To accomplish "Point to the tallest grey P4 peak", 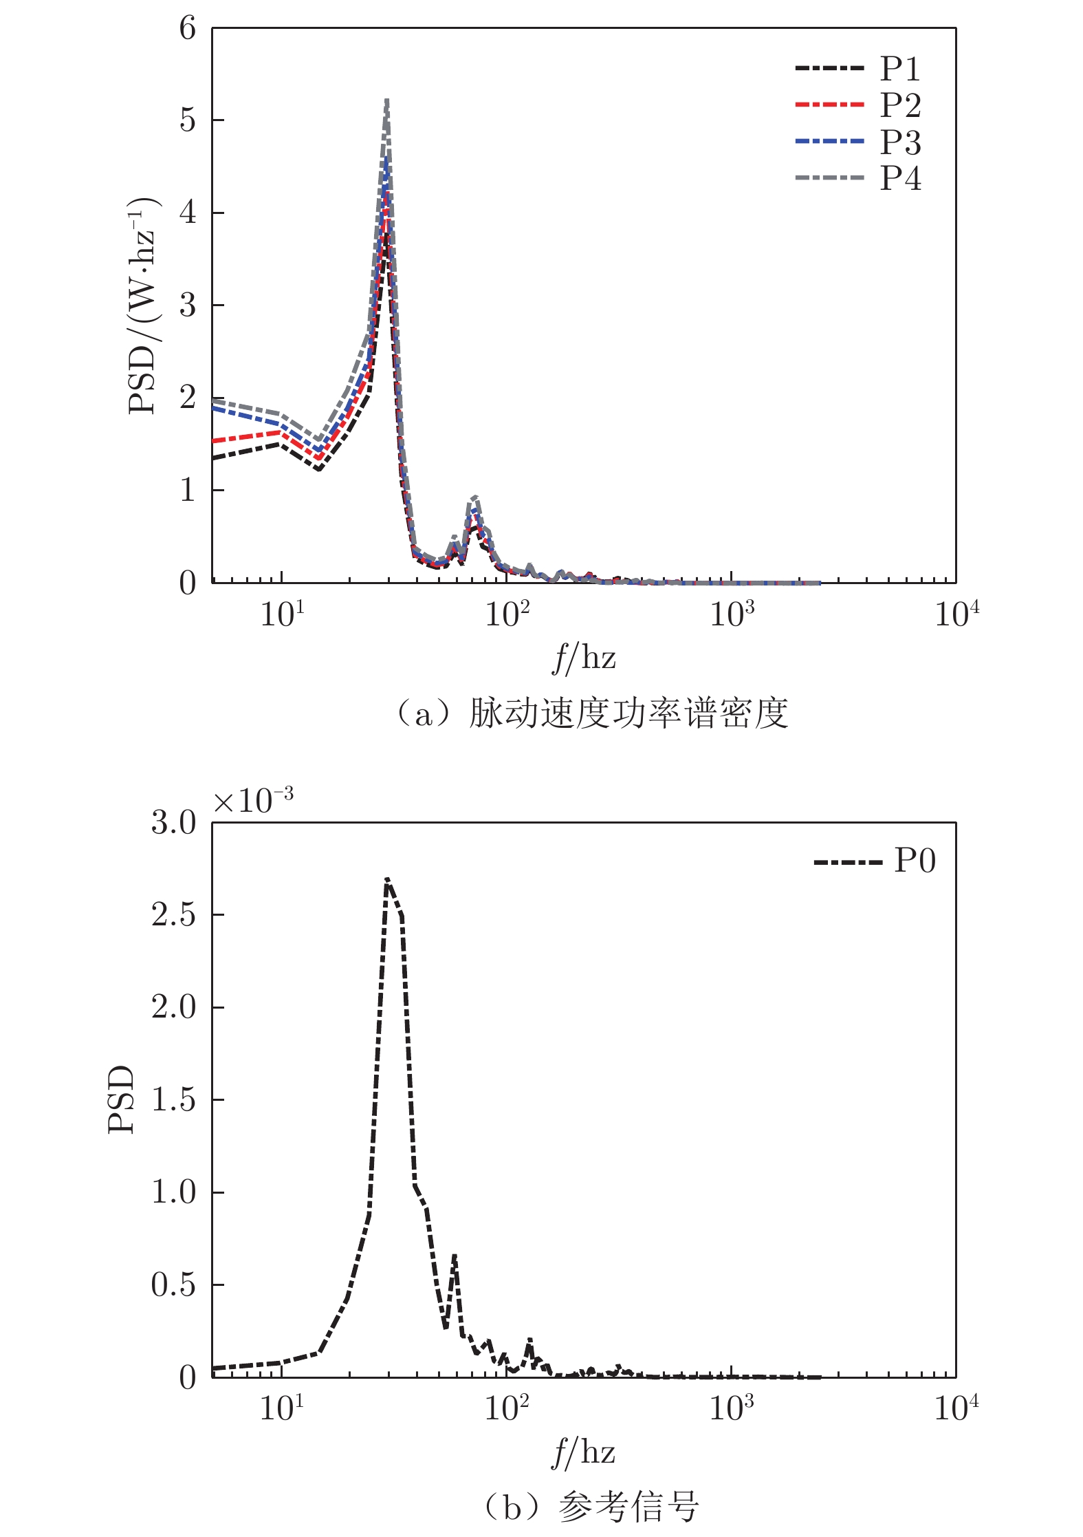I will tap(387, 101).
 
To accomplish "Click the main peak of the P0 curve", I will tap(387, 879).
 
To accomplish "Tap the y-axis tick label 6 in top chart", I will tap(187, 29).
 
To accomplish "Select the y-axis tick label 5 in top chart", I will tap(187, 120).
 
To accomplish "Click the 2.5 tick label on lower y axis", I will tap(173, 915).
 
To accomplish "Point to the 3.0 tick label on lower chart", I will tap(173, 823).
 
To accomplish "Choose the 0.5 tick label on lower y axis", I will tap(173, 1285).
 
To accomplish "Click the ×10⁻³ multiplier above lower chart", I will tap(253, 799).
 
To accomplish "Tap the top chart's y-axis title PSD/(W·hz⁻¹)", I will tap(143, 306).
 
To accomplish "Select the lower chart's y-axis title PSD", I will tap(121, 1099).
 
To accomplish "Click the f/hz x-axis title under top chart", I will tap(584, 658).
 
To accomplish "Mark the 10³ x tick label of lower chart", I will tap(731, 1408).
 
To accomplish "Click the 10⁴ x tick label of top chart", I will tap(956, 614).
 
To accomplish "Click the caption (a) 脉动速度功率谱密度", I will tap(591, 713).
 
